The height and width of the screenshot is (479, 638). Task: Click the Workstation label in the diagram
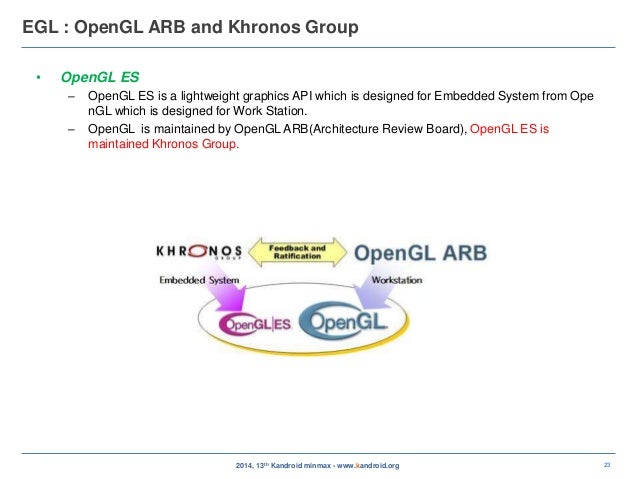click(396, 280)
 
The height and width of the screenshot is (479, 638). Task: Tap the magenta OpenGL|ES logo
click(253, 323)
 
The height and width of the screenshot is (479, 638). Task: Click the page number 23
click(607, 464)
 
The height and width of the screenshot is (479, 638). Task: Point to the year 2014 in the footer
click(244, 465)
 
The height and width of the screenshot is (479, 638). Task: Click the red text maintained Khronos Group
click(164, 144)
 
